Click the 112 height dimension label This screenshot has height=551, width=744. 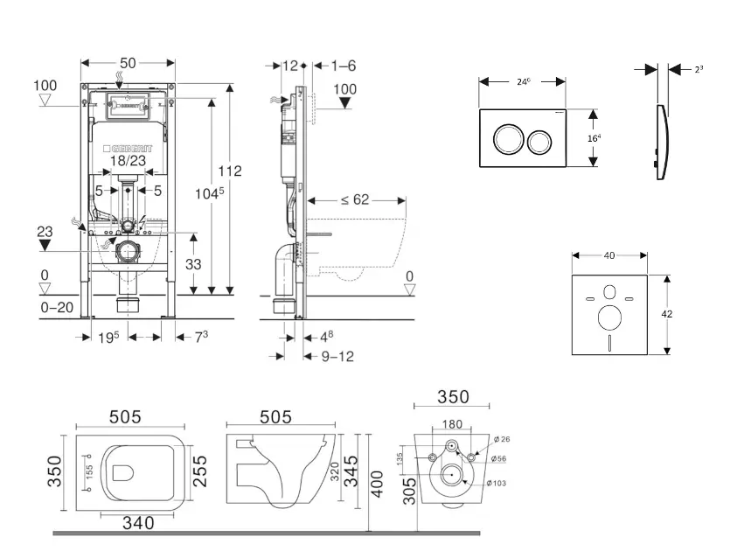click(x=231, y=171)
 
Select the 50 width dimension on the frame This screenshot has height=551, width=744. click(x=128, y=63)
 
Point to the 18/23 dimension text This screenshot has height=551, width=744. click(x=129, y=162)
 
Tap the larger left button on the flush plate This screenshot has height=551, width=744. click(x=508, y=138)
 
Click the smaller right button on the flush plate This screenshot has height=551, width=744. click(x=540, y=138)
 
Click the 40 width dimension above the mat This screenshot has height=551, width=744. click(x=609, y=255)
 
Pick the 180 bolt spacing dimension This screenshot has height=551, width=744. click(x=451, y=425)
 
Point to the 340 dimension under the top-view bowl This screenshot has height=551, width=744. click(x=137, y=523)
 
